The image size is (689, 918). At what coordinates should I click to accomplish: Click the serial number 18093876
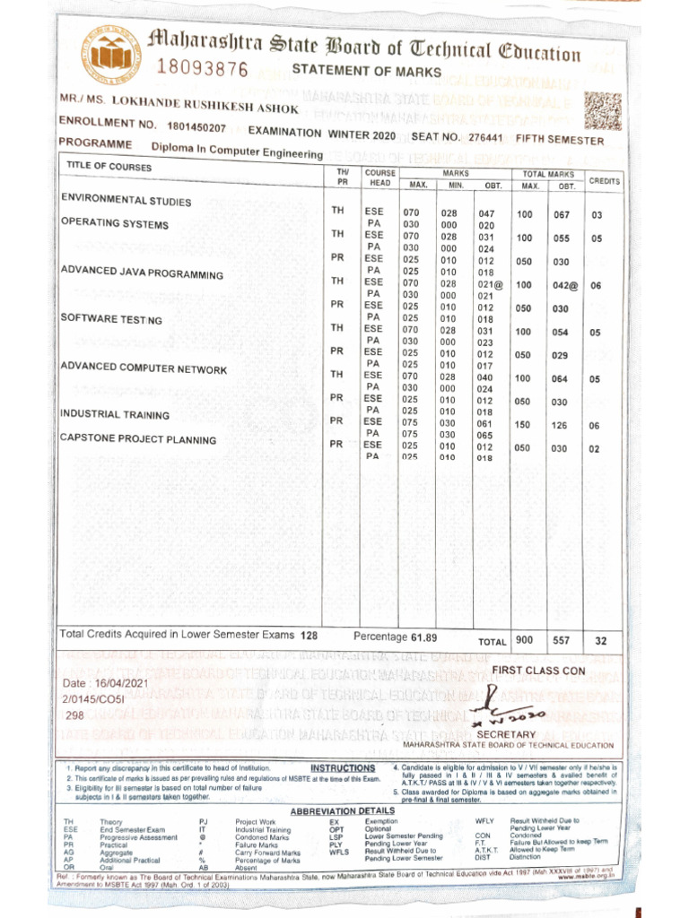tap(203, 68)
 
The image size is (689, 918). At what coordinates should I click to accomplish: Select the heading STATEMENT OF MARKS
tap(367, 72)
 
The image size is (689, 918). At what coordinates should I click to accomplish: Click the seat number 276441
tap(485, 137)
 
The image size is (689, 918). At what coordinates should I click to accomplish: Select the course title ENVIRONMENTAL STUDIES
tap(126, 200)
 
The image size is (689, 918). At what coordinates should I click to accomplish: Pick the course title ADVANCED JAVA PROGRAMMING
tap(142, 273)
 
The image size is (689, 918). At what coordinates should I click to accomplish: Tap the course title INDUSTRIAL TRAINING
tap(114, 414)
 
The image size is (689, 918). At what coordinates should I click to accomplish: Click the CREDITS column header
tap(604, 181)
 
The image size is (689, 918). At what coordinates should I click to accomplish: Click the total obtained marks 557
tap(562, 641)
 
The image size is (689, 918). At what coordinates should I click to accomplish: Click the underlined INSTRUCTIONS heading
tap(343, 768)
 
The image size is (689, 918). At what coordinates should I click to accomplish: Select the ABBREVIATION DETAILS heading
tap(343, 811)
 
